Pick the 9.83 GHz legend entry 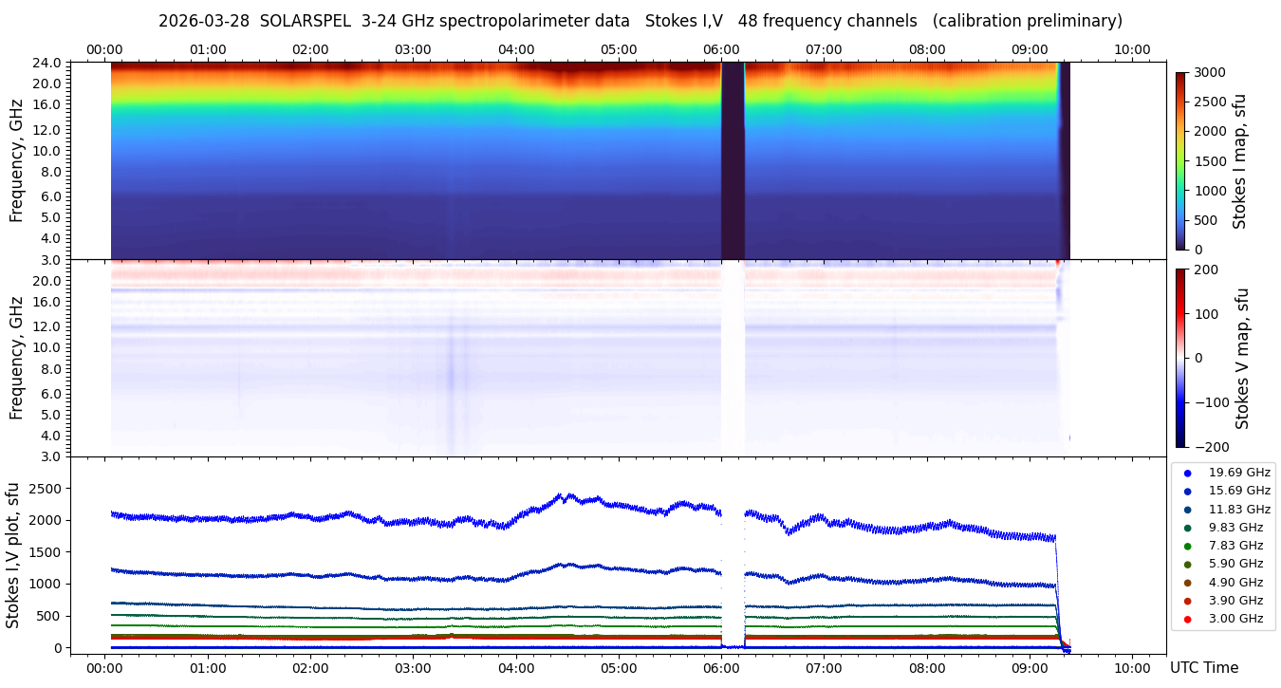coord(1235,528)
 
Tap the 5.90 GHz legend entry coord(1235,564)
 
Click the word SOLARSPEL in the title coord(306,21)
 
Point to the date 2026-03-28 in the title coord(203,21)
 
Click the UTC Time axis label coord(1203,668)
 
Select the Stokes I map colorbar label coord(1239,161)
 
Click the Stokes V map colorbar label coord(1243,359)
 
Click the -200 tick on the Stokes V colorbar coord(1212,447)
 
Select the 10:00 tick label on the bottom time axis coord(1133,668)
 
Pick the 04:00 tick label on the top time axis coord(516,49)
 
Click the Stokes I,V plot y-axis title coord(13,554)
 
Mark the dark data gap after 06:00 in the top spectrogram coord(733,161)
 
